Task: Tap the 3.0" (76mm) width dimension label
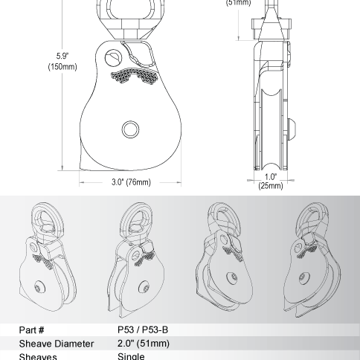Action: pos(132,182)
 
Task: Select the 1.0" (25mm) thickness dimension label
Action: pos(270,181)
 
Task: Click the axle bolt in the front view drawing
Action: pos(131,129)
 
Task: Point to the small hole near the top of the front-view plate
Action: pos(114,57)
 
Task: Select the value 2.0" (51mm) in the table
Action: pos(144,344)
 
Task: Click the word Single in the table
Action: pos(131,356)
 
